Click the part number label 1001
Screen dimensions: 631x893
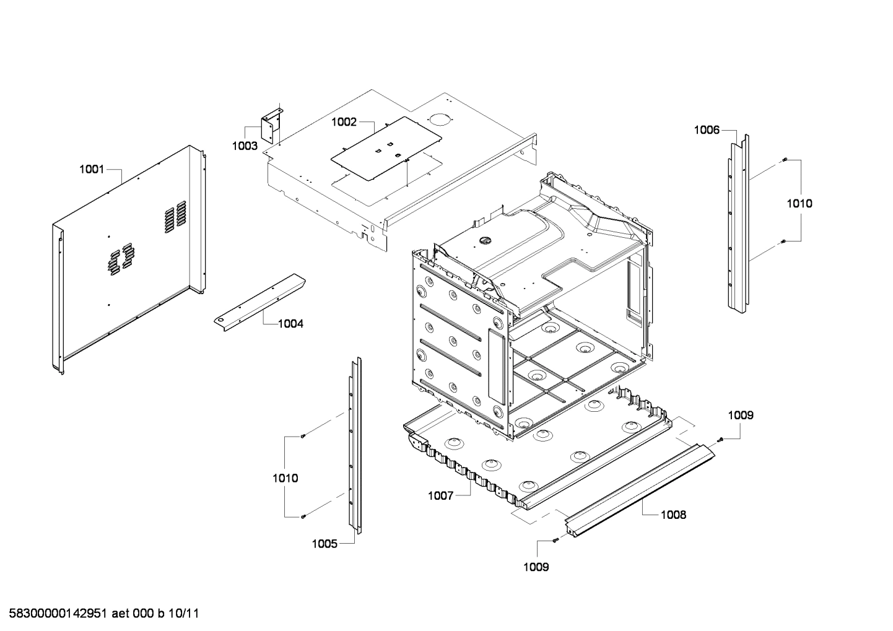(92, 169)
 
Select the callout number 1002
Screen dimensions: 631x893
(344, 122)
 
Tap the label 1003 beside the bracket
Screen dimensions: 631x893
(245, 146)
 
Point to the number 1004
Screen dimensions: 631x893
(290, 323)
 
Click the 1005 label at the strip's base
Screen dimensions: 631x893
(325, 544)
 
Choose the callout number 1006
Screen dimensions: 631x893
(707, 130)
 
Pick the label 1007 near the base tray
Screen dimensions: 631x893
(440, 495)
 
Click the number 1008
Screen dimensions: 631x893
(673, 515)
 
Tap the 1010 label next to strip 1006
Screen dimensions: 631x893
(799, 203)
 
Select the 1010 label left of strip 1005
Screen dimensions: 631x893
(285, 478)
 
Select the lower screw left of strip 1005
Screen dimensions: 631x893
(303, 516)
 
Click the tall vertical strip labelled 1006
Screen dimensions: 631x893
(738, 223)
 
